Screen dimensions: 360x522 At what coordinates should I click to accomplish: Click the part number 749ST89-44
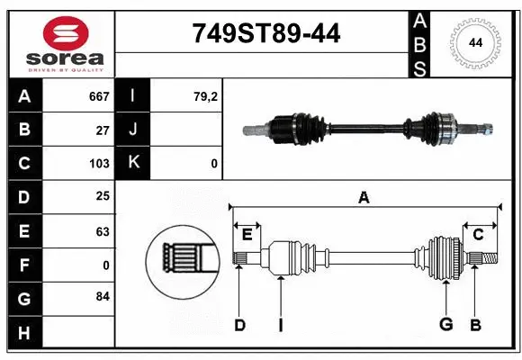267,34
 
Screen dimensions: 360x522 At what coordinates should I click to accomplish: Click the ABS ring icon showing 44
473,42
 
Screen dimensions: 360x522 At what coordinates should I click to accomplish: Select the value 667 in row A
98,96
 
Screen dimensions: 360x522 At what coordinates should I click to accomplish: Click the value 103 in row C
99,164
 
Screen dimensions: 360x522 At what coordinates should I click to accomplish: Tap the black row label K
133,164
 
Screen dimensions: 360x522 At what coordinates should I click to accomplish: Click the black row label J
133,130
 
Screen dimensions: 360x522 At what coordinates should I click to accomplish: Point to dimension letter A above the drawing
364,197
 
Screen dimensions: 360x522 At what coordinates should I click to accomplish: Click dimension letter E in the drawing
247,234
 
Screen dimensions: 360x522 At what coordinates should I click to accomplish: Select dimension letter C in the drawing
478,234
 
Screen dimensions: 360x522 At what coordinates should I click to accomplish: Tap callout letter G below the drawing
445,325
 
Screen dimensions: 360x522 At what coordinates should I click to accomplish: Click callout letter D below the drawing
239,325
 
